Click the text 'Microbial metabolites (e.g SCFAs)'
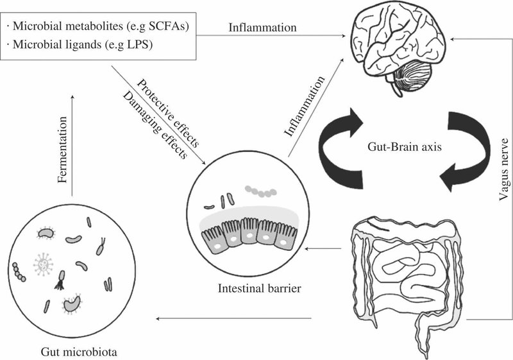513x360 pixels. [100, 28]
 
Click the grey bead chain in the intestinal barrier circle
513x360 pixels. [260, 191]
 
